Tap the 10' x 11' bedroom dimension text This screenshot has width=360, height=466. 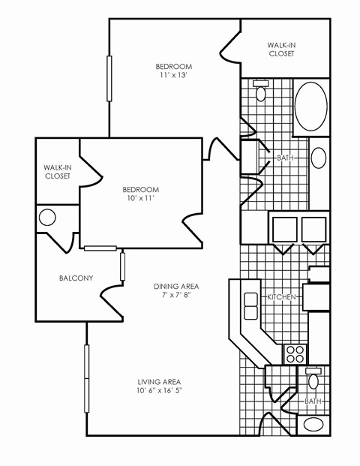(x=142, y=199)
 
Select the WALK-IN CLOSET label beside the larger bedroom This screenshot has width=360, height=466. (x=281, y=50)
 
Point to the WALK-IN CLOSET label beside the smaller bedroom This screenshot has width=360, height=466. (x=57, y=172)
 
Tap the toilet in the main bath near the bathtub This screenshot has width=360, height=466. (x=261, y=92)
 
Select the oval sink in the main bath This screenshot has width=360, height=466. (x=319, y=158)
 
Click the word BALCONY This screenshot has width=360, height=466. (x=76, y=278)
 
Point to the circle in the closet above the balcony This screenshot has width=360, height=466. (x=47, y=218)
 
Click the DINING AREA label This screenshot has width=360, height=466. (x=176, y=286)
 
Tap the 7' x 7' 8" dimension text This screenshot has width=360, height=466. (x=176, y=296)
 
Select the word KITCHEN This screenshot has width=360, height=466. (x=282, y=298)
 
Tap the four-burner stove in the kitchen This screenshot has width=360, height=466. (x=295, y=353)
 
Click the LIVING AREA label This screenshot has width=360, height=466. (x=160, y=380)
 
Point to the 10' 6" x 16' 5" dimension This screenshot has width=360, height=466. (x=160, y=390)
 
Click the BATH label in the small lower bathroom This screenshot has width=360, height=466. (x=313, y=401)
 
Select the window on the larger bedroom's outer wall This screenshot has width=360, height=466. (x=109, y=77)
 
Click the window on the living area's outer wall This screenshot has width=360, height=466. (x=86, y=378)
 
